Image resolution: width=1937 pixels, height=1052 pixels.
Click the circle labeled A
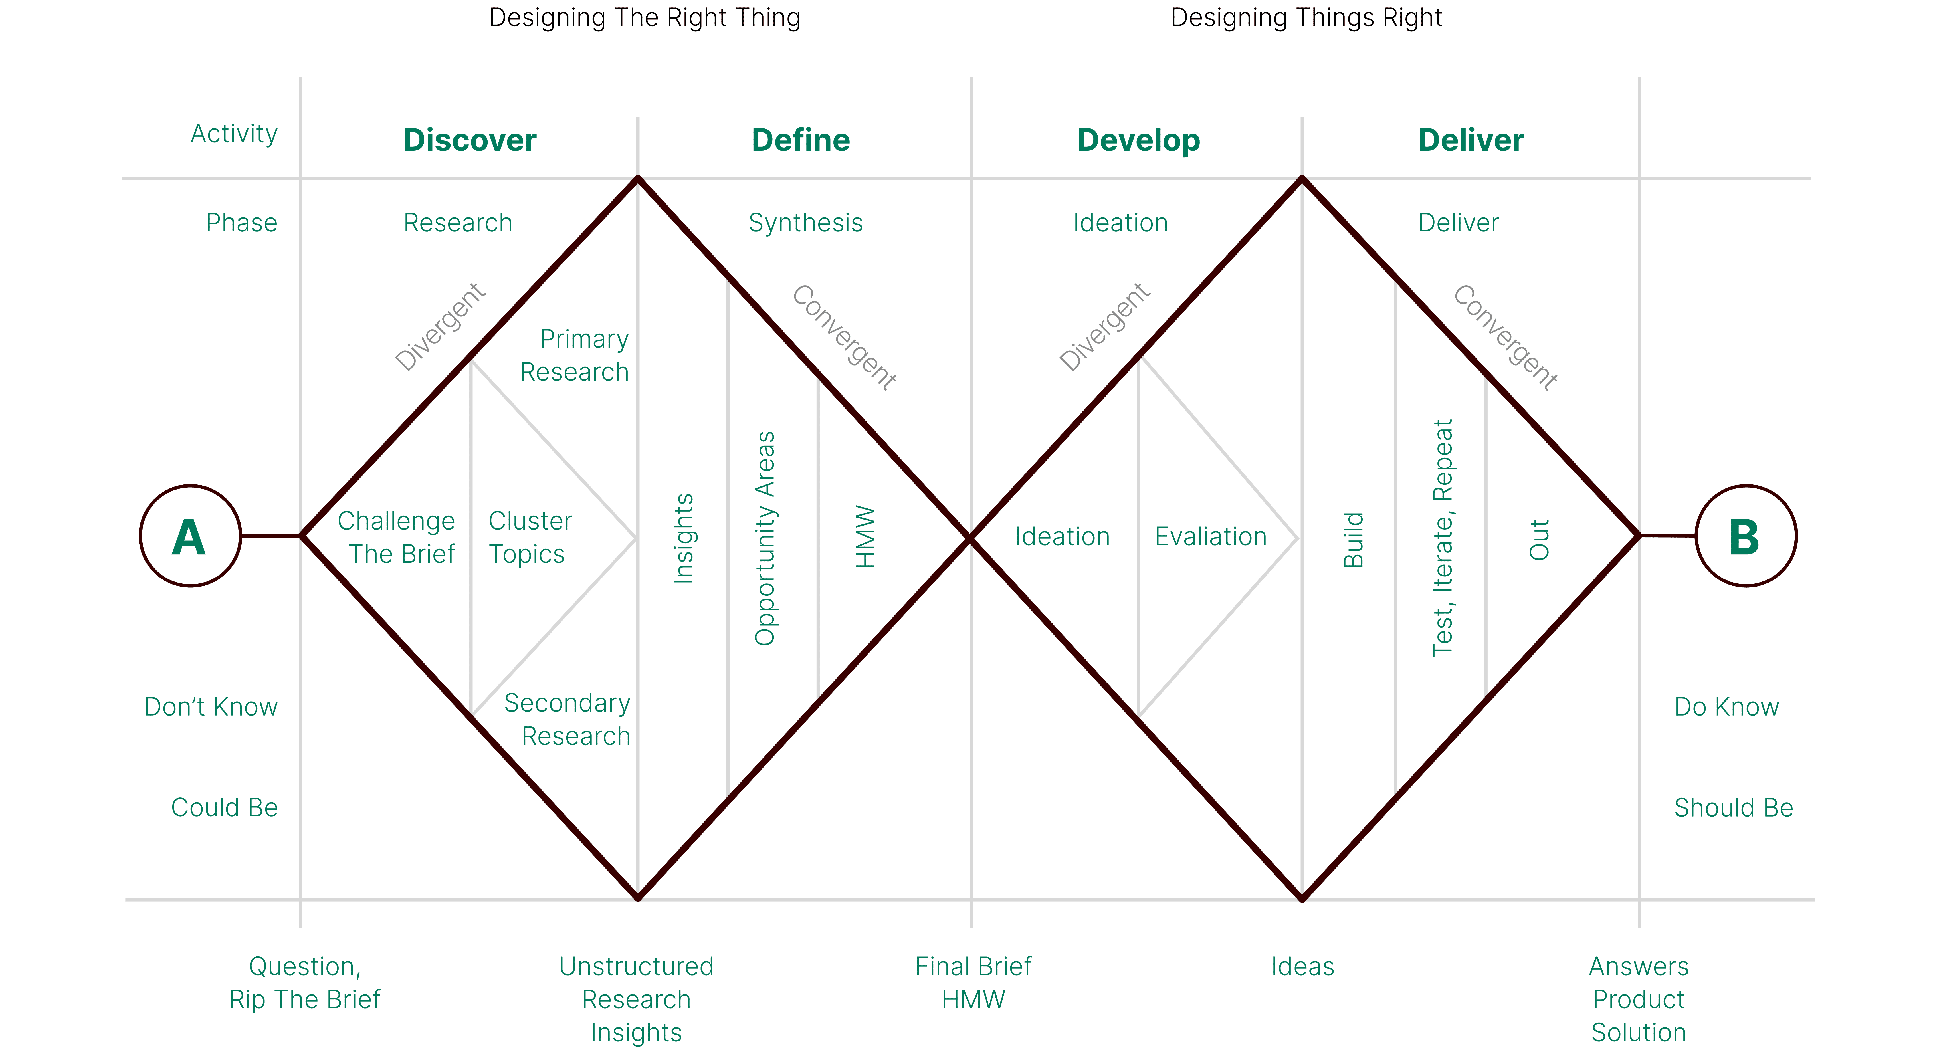pos(190,536)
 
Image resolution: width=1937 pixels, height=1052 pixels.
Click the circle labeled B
pos(1746,536)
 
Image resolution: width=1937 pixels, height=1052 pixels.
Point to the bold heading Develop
pos(1138,141)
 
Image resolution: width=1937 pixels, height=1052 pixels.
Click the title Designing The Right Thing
pos(645,17)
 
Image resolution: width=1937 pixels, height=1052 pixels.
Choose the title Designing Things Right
pos(1306,17)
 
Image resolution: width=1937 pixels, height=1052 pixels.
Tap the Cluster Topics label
pos(530,537)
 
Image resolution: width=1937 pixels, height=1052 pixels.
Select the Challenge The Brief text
pos(397,537)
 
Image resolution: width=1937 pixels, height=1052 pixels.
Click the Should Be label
pos(1733,807)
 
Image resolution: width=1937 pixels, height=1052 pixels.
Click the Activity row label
pos(234,134)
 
